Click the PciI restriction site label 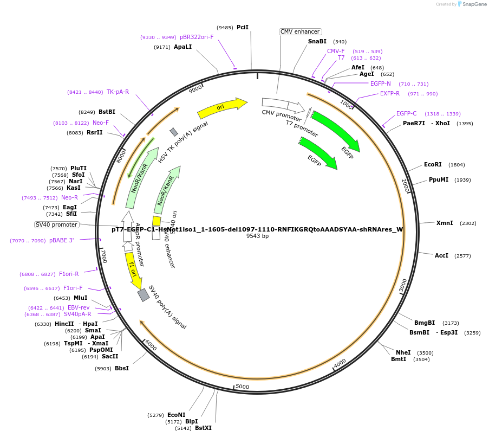tap(243, 27)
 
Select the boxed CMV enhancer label tap(300, 31)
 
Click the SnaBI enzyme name tap(317, 41)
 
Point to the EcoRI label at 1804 tap(433, 164)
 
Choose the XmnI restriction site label tap(445, 223)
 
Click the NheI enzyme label tap(403, 352)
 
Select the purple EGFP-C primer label tap(406, 113)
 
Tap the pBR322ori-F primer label tap(197, 37)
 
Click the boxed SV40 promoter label tap(57, 224)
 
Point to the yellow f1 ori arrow tap(133, 271)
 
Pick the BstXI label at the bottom tap(203, 428)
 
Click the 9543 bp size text tap(257, 236)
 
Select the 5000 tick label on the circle tap(242, 387)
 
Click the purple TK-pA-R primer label tap(118, 92)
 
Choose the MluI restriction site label tap(80, 298)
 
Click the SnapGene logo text tap(474, 4)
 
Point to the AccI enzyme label tap(441, 255)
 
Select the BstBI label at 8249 tap(107, 112)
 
